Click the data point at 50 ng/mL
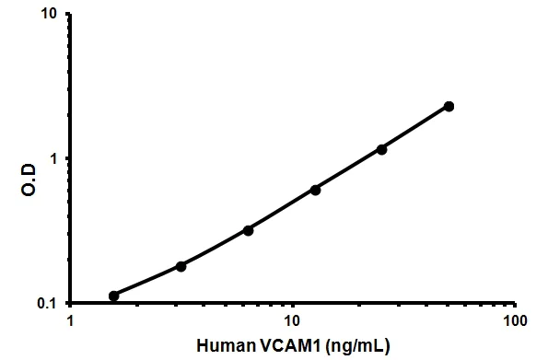449,106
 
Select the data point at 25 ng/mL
381,149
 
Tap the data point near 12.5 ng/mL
315,190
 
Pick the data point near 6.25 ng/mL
248,230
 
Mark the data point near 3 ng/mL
181,266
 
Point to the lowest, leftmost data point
113,296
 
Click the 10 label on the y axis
52,16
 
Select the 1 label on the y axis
57,159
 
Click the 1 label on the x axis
70,323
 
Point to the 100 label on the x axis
516,323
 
